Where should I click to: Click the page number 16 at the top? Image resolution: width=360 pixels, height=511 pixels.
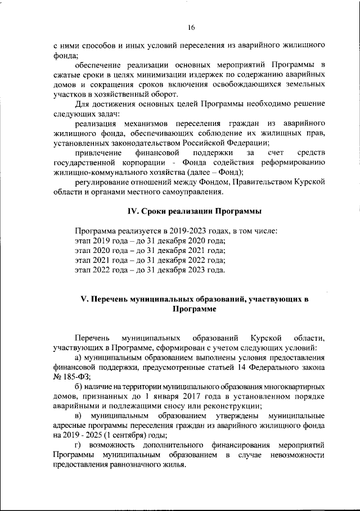(191, 26)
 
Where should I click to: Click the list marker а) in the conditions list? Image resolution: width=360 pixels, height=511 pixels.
(80, 357)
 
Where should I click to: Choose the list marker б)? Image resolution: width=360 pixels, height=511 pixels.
(80, 387)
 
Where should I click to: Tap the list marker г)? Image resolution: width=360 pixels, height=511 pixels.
(79, 445)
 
